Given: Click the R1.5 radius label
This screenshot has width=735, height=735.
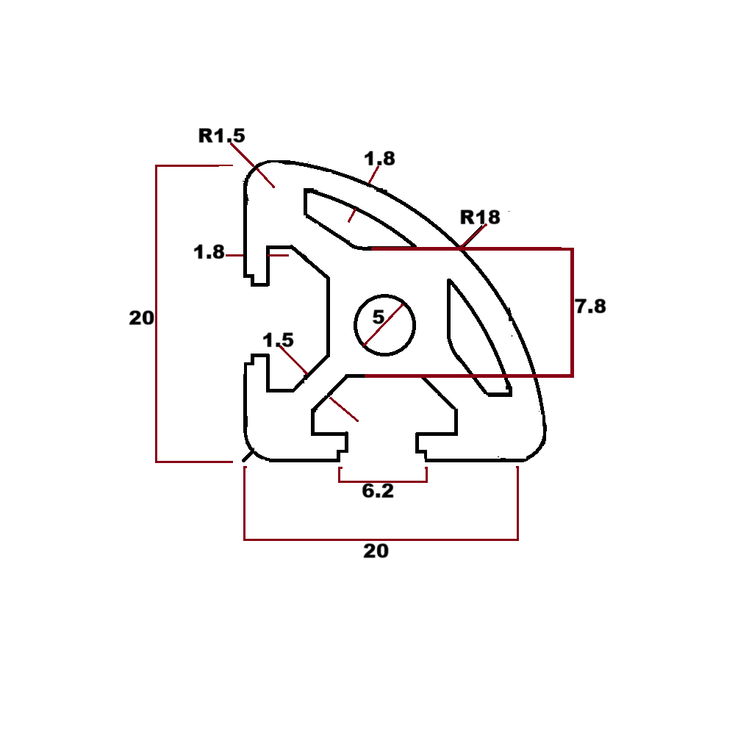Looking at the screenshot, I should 221,135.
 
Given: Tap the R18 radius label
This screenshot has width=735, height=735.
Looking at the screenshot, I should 480,217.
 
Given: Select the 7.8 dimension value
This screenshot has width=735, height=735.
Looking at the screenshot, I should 590,306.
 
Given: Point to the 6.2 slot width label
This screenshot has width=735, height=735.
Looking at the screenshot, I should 378,492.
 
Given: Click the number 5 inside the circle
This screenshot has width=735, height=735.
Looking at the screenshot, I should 378,318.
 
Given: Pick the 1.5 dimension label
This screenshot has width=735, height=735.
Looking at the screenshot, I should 278,340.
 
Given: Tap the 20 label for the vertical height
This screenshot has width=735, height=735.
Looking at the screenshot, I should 141,318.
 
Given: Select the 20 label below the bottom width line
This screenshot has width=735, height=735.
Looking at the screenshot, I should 376,551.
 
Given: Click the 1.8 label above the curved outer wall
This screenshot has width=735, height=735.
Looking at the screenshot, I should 379,158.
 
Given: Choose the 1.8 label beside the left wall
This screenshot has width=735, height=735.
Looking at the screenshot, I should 209,252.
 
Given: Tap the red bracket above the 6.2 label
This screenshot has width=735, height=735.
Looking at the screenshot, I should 382,481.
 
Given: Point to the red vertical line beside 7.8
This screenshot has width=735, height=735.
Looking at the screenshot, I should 573,312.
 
